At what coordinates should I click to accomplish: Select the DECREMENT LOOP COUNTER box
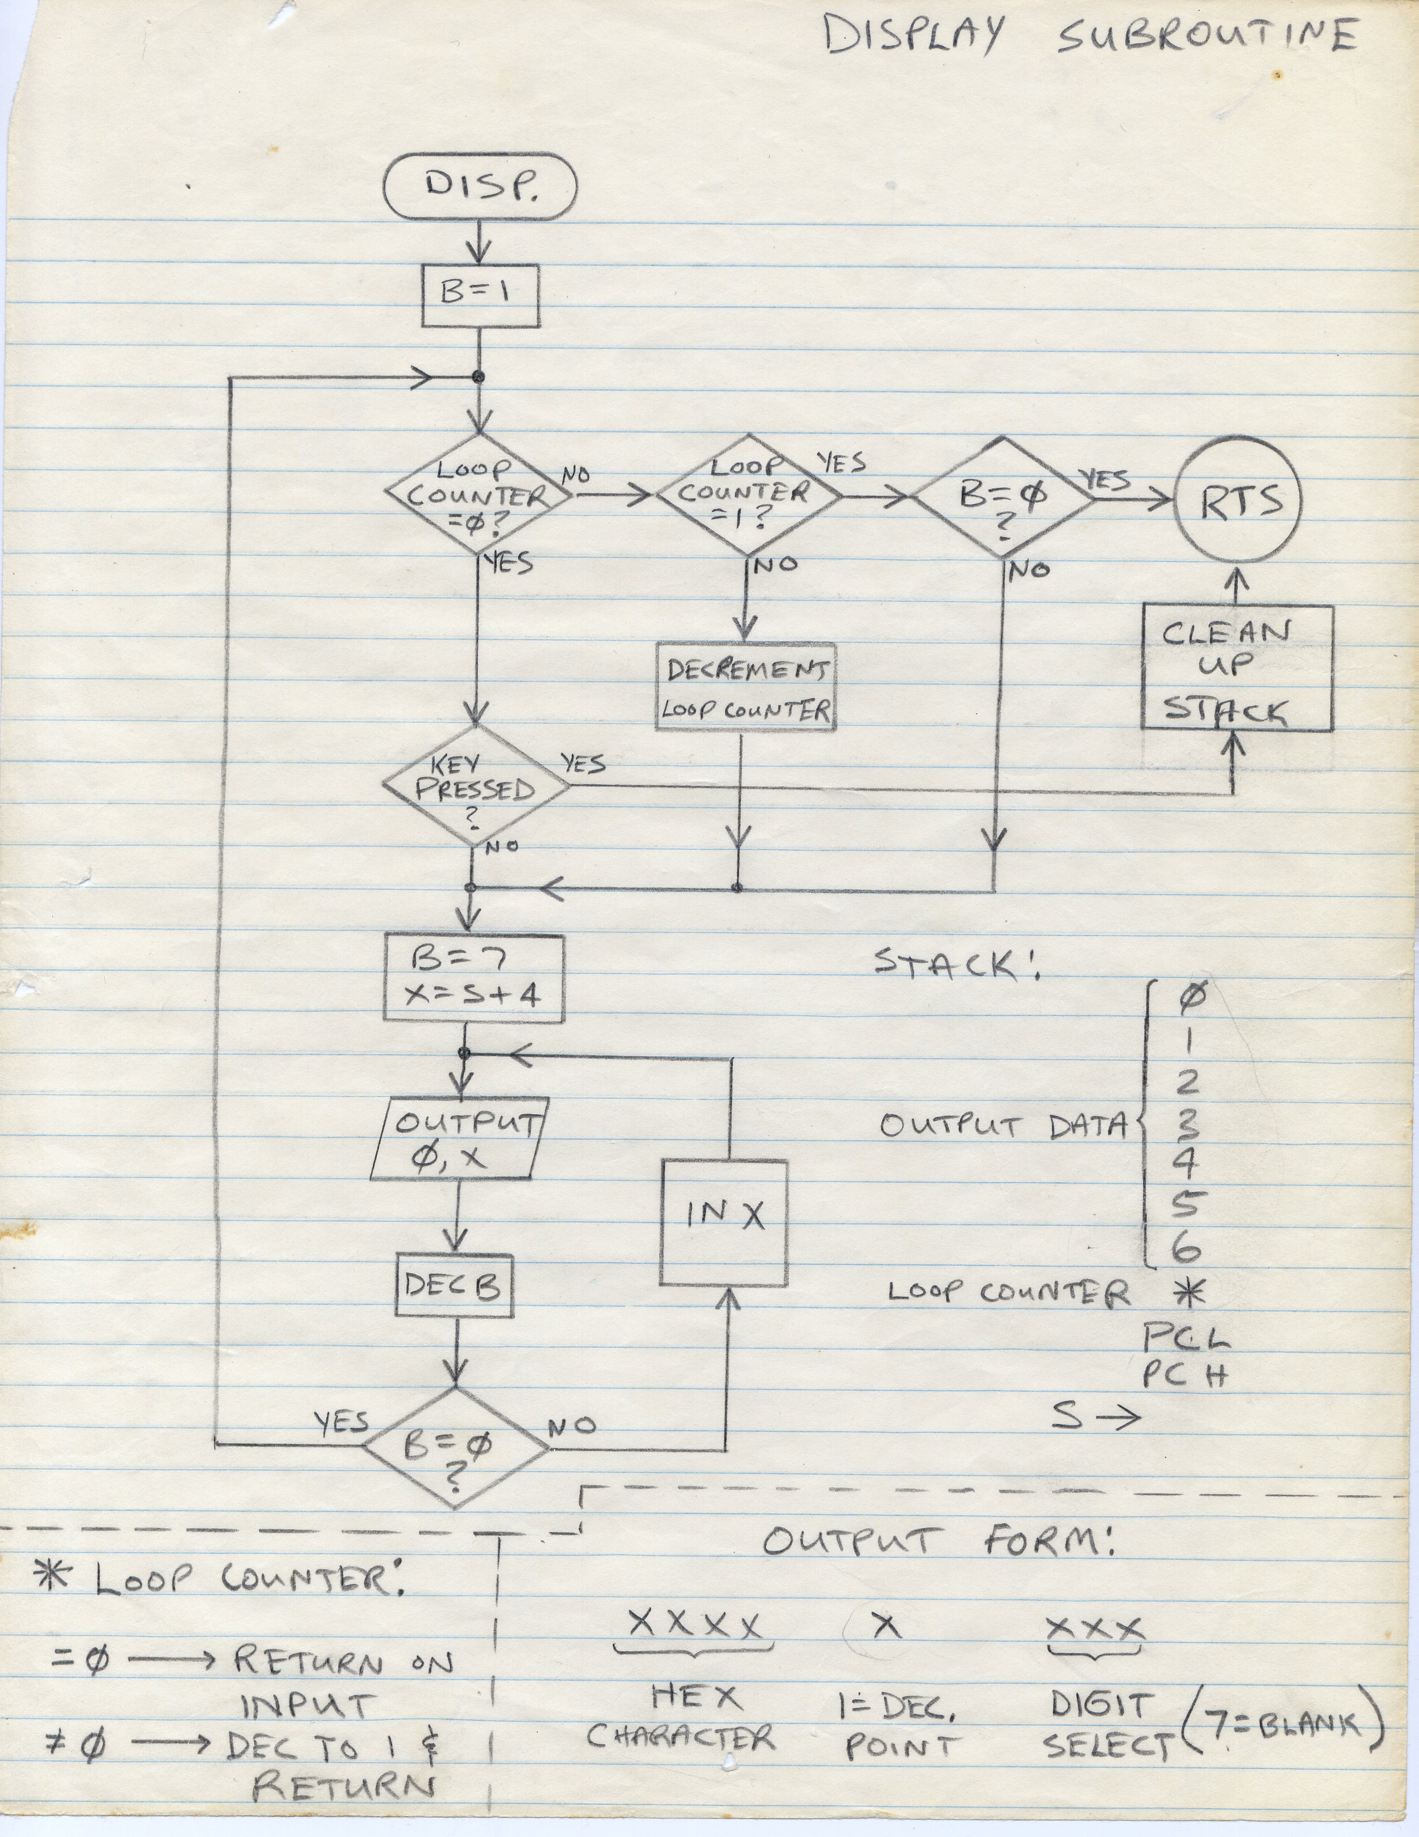coord(745,686)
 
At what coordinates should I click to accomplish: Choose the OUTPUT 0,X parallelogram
coord(457,1139)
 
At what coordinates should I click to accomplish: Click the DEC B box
coord(454,1284)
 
